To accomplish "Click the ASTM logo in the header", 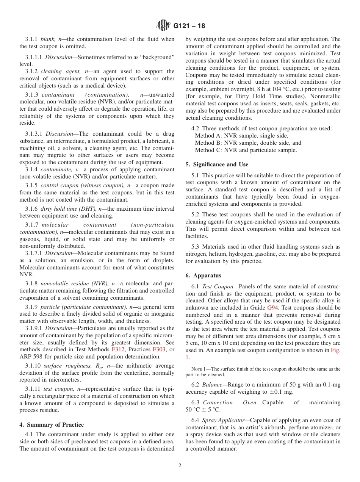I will click(163, 25).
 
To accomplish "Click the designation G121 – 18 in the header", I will click(189, 26).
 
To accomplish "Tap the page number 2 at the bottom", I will click(180, 466).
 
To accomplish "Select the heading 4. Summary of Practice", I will click(52, 424).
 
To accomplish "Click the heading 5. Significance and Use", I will click(217, 164).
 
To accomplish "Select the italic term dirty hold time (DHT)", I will click(69, 209).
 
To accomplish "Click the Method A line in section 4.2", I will click(241, 136).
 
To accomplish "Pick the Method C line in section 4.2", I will click(246, 150).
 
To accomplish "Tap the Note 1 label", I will click(199, 369).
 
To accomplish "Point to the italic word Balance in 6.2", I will click(212, 385).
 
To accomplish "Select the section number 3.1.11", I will click(33, 389).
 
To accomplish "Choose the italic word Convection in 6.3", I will click(218, 402).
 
